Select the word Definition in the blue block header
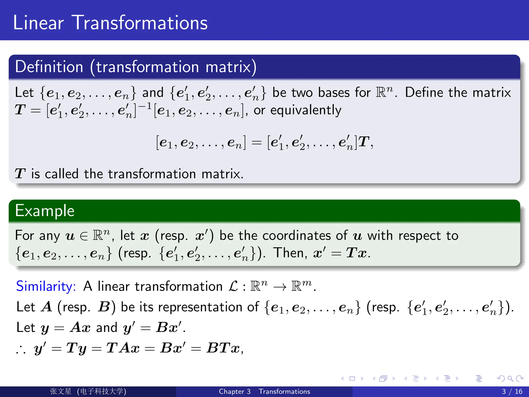[x=49, y=67]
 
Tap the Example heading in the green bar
[x=45, y=211]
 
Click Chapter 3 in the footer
[x=235, y=391]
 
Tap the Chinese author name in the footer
[x=61, y=391]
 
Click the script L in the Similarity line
[x=233, y=286]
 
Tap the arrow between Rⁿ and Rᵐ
[x=280, y=287]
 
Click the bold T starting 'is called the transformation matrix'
[x=20, y=174]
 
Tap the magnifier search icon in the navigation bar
[x=510, y=379]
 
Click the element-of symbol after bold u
[x=84, y=236]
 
